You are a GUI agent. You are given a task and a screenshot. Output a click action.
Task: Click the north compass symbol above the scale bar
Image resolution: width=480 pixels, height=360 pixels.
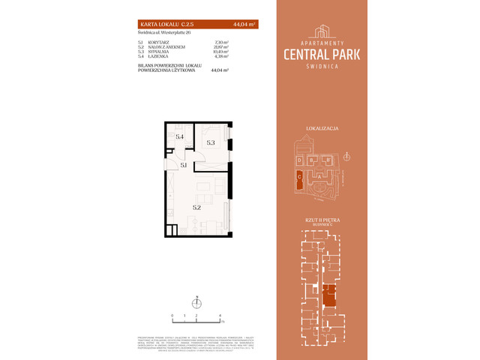click(196, 304)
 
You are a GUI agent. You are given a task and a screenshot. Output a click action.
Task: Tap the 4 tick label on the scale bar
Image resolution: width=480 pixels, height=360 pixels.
click(220, 316)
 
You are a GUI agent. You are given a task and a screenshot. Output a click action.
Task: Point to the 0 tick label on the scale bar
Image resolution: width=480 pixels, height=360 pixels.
click(172, 316)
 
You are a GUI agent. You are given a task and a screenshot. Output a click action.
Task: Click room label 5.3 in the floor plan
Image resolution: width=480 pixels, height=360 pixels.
click(211, 142)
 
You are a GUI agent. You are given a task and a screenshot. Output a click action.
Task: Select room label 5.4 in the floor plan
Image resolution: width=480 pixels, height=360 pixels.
click(179, 137)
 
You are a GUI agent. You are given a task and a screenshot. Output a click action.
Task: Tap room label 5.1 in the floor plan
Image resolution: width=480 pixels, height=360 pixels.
click(184, 164)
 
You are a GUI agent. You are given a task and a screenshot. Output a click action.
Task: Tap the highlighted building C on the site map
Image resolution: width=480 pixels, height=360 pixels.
click(299, 178)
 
